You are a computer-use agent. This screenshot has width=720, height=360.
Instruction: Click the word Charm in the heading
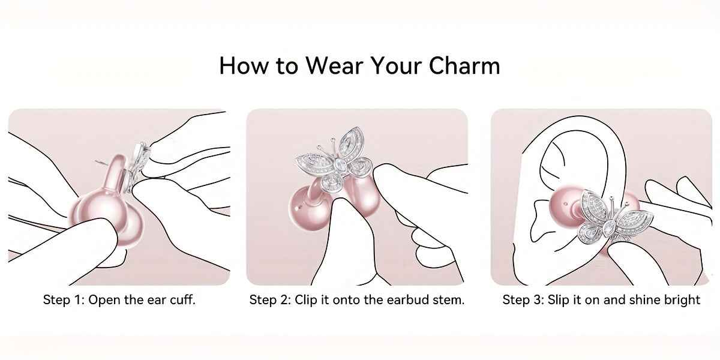coord(464,65)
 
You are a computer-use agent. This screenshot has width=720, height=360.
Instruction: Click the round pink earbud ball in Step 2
coord(308,208)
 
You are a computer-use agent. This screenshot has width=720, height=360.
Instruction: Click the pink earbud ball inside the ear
coord(565,206)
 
